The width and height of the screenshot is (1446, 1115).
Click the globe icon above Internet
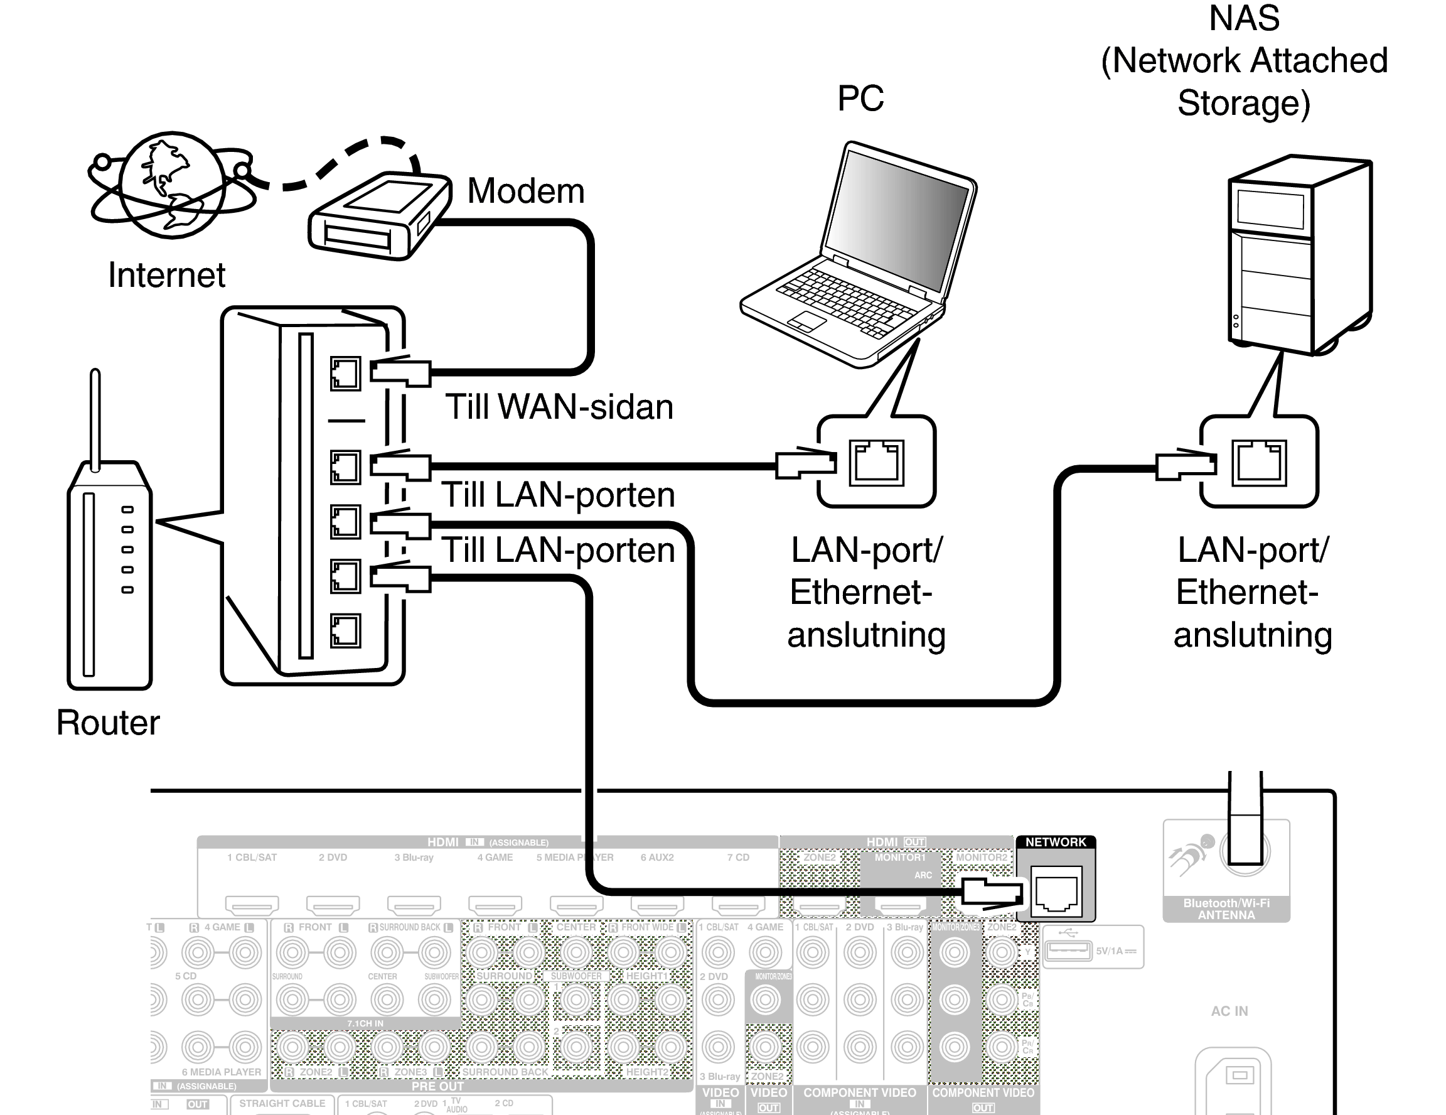point(172,185)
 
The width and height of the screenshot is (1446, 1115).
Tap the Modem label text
point(526,191)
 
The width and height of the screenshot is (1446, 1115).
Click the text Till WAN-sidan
point(559,407)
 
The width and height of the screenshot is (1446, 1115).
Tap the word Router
point(108,723)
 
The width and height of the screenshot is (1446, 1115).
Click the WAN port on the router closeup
point(345,374)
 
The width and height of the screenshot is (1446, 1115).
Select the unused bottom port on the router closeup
point(345,630)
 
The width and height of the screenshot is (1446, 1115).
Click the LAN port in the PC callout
point(877,462)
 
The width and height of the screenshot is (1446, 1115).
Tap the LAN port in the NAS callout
point(1258,462)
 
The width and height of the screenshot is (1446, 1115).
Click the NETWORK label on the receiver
point(1056,842)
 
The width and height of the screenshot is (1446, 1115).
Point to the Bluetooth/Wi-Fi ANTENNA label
point(1226,909)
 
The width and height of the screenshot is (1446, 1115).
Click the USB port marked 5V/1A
point(1068,951)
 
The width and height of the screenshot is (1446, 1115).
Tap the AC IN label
point(1229,1011)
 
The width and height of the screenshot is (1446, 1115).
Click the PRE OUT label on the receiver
point(437,1087)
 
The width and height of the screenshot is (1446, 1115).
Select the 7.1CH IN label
point(365,1023)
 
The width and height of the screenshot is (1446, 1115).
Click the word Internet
point(167,275)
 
